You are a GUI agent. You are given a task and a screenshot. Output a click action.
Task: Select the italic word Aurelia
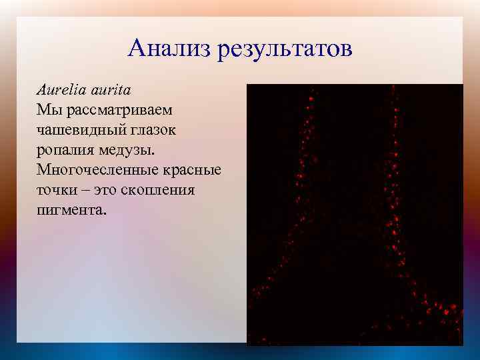pyautogui.click(x=58, y=89)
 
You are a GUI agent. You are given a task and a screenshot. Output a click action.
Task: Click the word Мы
pyautogui.click(x=47, y=108)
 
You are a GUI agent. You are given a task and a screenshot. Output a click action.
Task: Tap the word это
pyautogui.click(x=105, y=190)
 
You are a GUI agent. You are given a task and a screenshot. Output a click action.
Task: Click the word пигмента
pyautogui.click(x=69, y=210)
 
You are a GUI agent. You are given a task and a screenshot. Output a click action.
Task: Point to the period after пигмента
pyautogui.click(x=103, y=214)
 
